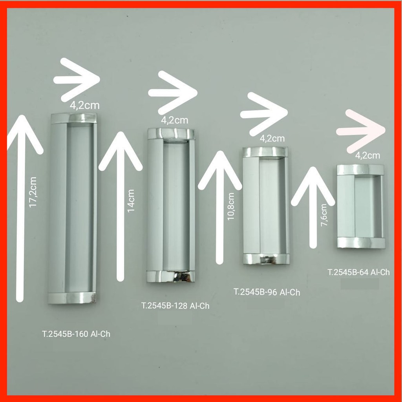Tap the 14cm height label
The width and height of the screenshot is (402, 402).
(x=131, y=201)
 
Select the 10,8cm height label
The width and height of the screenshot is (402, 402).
(x=231, y=206)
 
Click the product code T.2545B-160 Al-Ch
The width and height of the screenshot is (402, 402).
(x=76, y=334)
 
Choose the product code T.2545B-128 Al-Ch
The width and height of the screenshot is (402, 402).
(x=175, y=306)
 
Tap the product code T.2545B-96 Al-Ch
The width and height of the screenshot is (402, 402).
(x=267, y=292)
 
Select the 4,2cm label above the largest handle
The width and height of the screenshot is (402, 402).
(x=85, y=105)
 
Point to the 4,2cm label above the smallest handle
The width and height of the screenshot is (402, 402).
(x=368, y=155)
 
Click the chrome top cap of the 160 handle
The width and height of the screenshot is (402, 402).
(x=73, y=118)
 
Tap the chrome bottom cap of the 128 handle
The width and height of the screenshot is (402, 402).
(x=171, y=276)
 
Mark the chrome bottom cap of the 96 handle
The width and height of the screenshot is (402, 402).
(x=266, y=259)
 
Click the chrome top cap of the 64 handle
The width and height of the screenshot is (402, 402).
(x=360, y=170)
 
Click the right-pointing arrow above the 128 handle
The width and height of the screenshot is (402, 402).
(x=173, y=93)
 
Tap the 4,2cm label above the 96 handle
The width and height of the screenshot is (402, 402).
(x=272, y=138)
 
